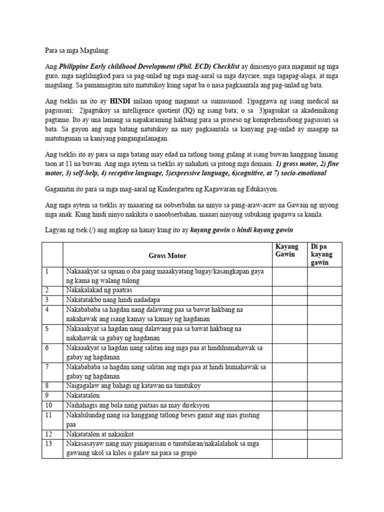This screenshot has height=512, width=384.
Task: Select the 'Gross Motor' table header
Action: click(167, 255)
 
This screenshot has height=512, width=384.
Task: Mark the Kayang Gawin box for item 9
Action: click(289, 394)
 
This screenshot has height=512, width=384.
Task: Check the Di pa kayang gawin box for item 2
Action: click(324, 290)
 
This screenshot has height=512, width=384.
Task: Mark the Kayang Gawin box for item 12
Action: click(289, 433)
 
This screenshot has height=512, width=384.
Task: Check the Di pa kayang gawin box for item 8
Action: click(324, 385)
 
